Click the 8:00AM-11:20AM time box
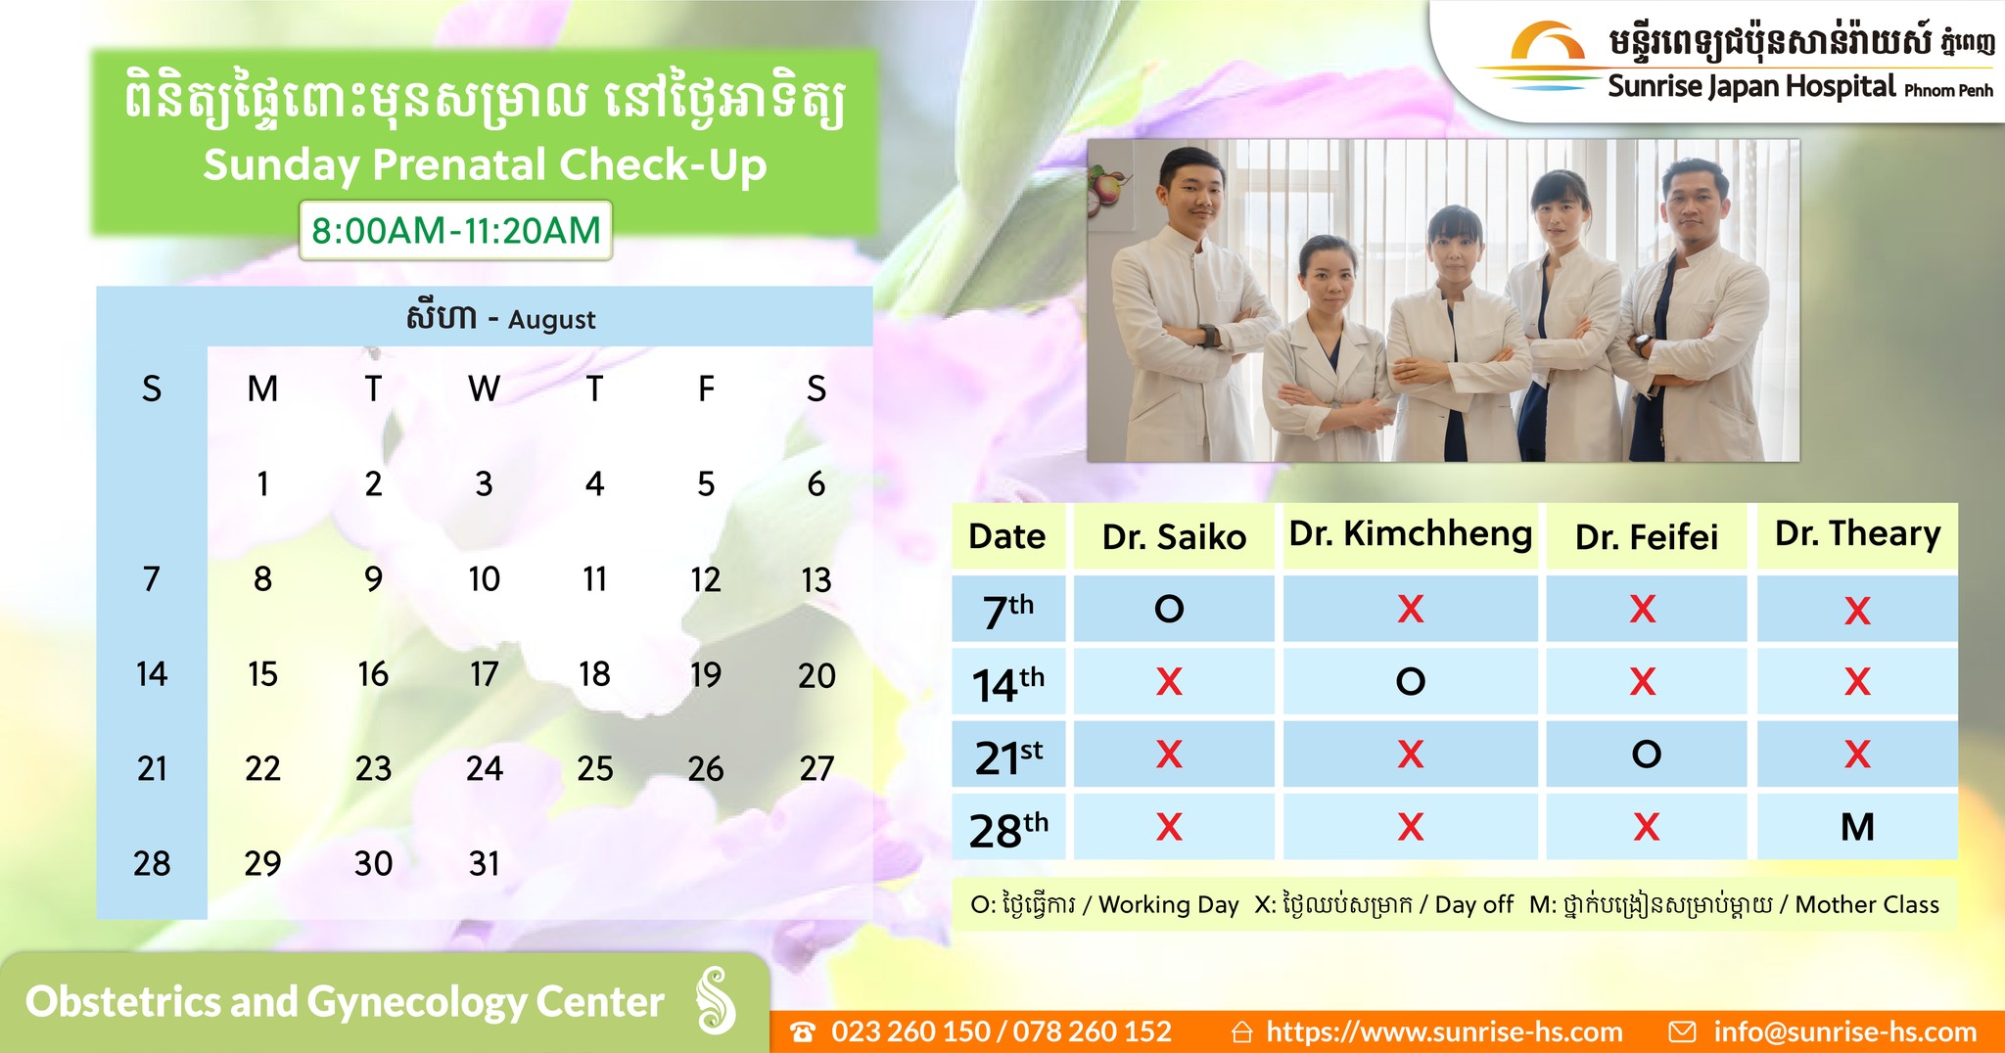click(x=455, y=231)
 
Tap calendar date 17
click(x=484, y=674)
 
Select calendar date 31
click(x=484, y=863)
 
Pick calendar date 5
click(x=706, y=484)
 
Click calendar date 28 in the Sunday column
click(x=152, y=863)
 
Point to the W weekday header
click(x=484, y=389)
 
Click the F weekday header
click(x=706, y=389)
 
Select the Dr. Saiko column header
click(x=1174, y=536)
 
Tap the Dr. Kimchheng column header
click(x=1410, y=533)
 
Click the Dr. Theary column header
click(x=1857, y=533)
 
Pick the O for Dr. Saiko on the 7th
click(x=1169, y=610)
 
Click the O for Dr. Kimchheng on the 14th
click(x=1410, y=681)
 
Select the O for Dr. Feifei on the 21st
click(x=1646, y=754)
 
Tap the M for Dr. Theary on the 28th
click(x=1857, y=827)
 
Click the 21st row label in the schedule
click(x=1008, y=756)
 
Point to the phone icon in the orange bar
click(x=803, y=1032)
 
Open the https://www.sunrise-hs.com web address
click(x=1444, y=1031)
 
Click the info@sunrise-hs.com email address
click(x=1844, y=1031)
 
